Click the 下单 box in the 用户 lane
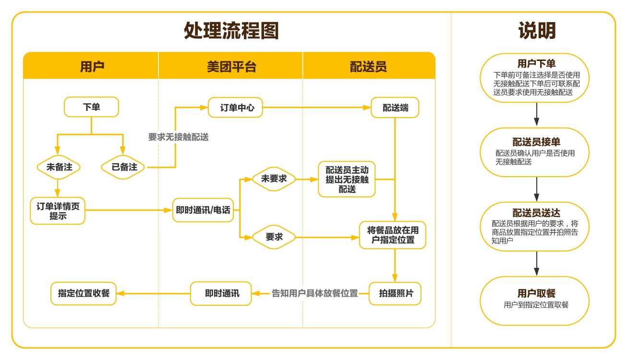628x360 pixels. [x=91, y=107]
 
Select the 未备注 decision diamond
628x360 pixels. [x=59, y=167]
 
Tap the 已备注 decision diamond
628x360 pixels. [x=124, y=167]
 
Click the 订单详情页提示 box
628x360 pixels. [x=58, y=211]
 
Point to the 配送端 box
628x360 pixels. [x=395, y=108]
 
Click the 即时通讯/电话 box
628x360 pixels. [x=203, y=210]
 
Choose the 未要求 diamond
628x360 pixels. [x=274, y=179]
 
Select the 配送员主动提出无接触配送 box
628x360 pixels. [x=347, y=179]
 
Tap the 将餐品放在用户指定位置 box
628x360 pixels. [x=393, y=235]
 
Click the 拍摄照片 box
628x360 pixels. [x=395, y=293]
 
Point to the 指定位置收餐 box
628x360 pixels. [x=84, y=293]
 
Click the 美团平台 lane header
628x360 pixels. [x=231, y=66]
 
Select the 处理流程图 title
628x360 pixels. [x=231, y=31]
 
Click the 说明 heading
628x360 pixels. [x=536, y=31]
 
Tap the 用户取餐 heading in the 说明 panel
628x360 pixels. [x=536, y=293]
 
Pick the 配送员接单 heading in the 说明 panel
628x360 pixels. [x=536, y=142]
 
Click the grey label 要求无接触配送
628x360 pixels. [x=178, y=137]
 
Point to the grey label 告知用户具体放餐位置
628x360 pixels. [x=315, y=293]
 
